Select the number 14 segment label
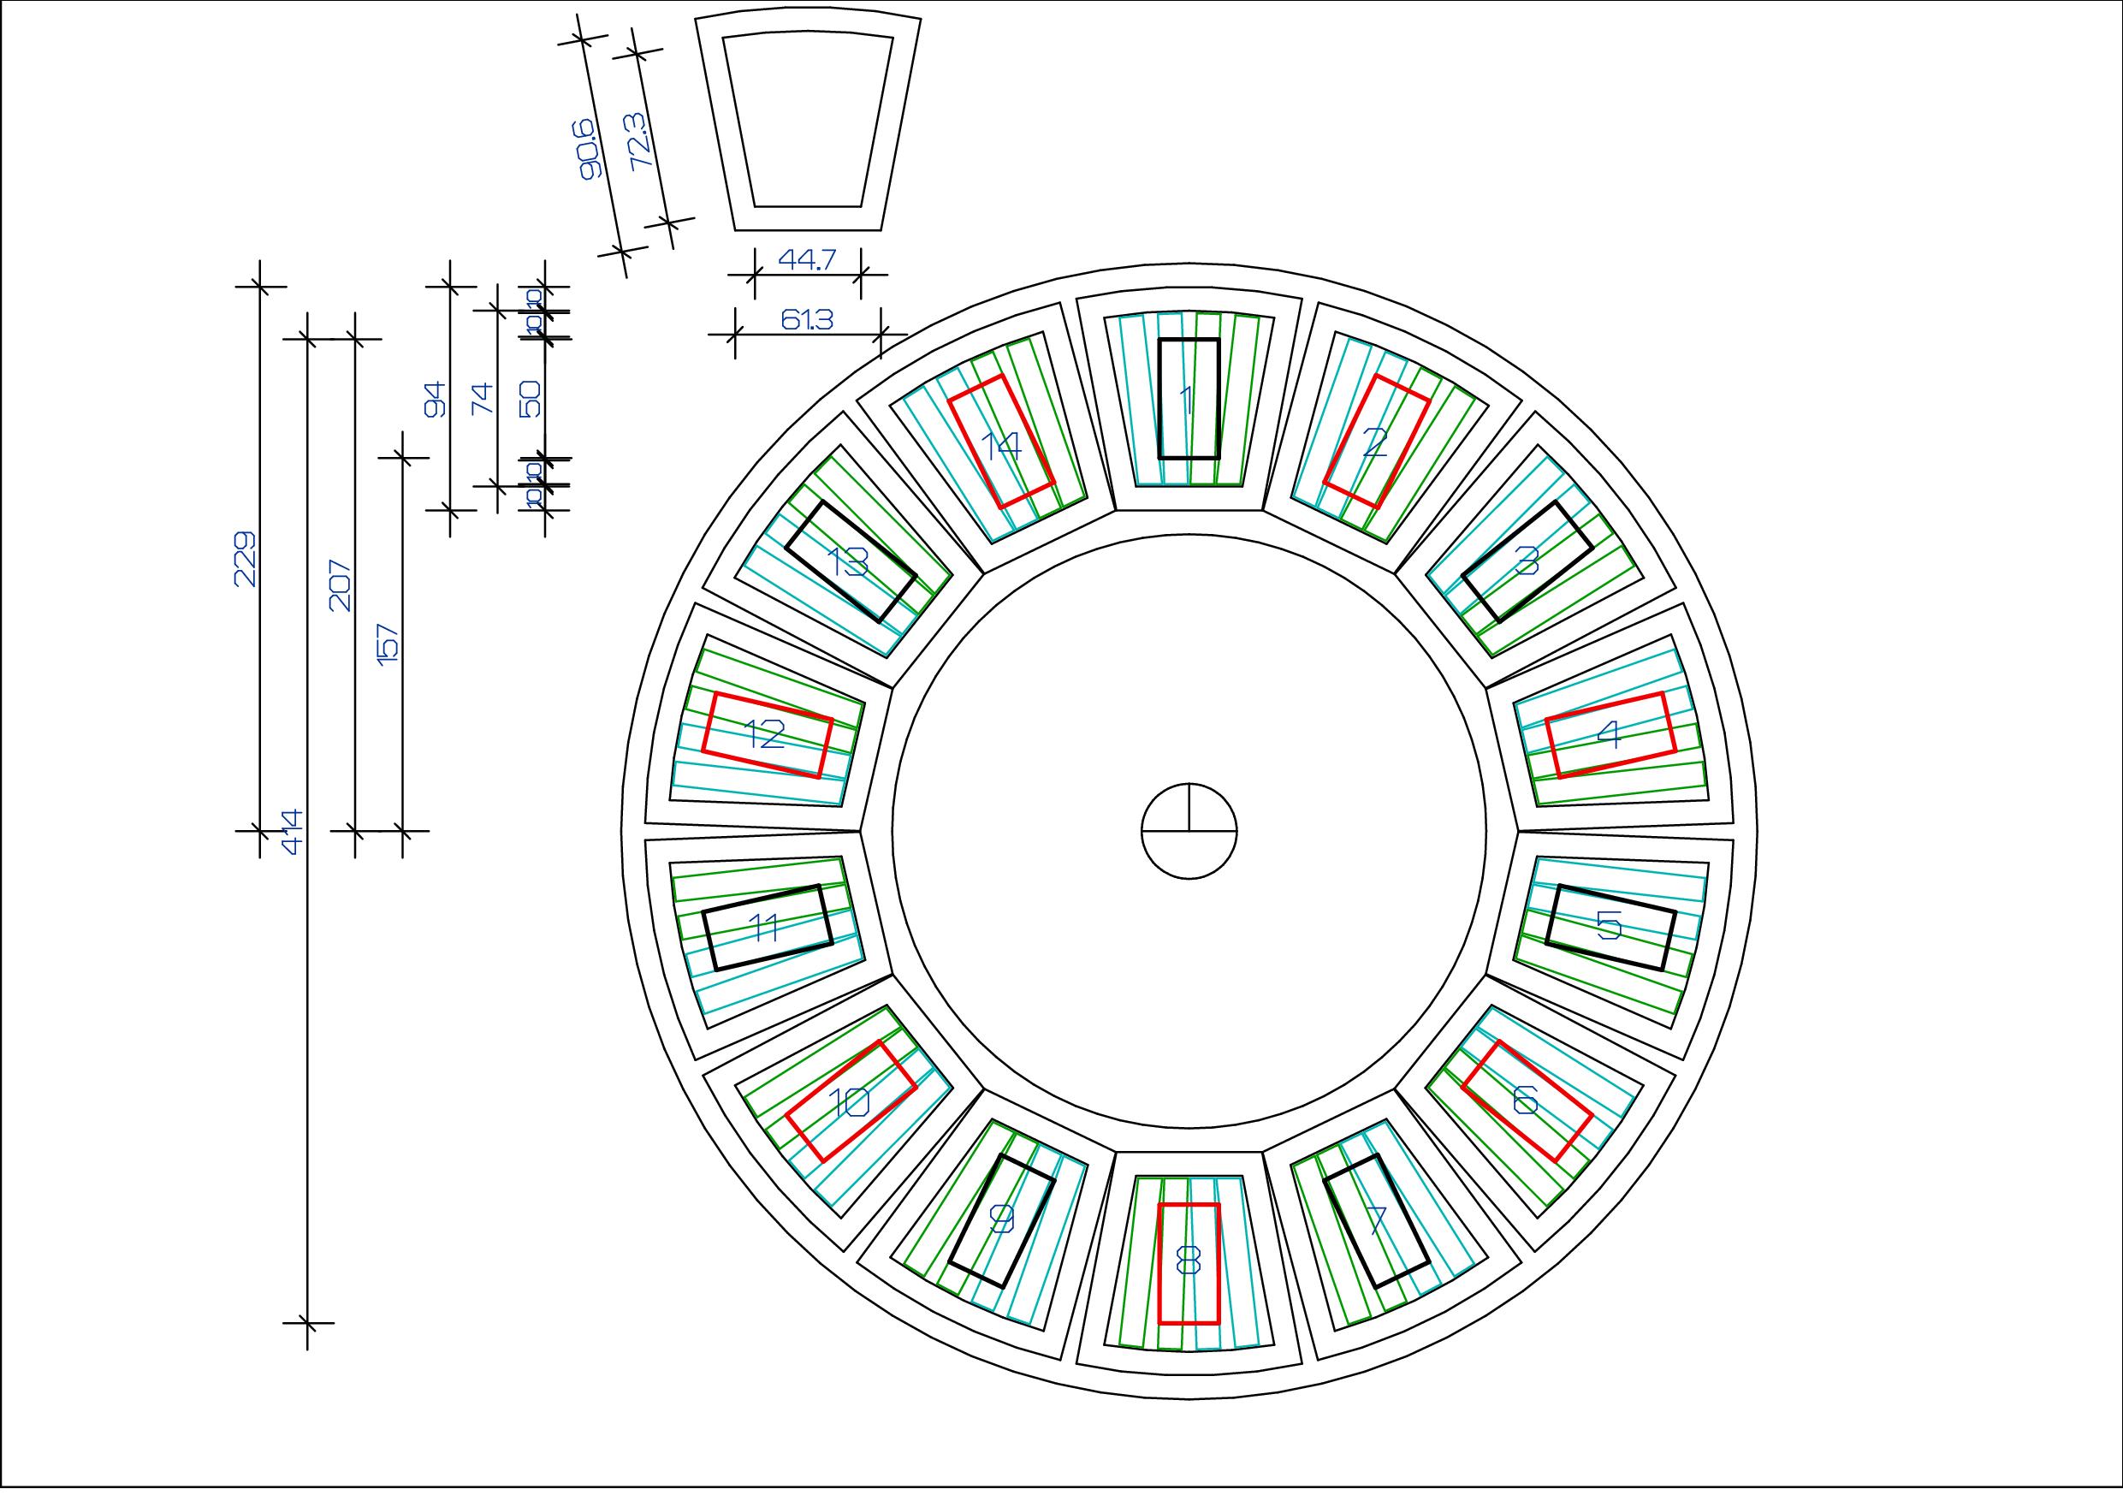coord(1001,447)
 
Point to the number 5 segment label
coord(1610,925)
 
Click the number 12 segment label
coord(766,735)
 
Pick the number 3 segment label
coord(1527,561)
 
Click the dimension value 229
coord(245,559)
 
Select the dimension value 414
coord(292,832)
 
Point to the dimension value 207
coord(341,584)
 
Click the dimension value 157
coord(388,642)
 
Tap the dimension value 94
coord(436,399)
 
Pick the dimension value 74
coord(483,399)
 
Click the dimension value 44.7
coord(806,260)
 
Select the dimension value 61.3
coord(807,320)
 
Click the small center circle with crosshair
coord(1189,832)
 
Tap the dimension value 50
coord(531,399)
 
